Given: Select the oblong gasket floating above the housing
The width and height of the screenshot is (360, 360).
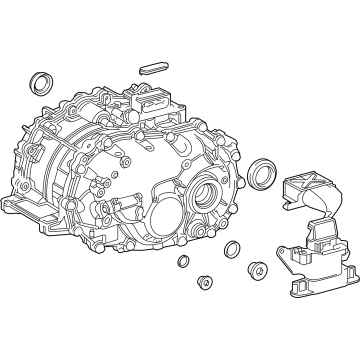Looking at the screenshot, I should click(155, 67).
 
